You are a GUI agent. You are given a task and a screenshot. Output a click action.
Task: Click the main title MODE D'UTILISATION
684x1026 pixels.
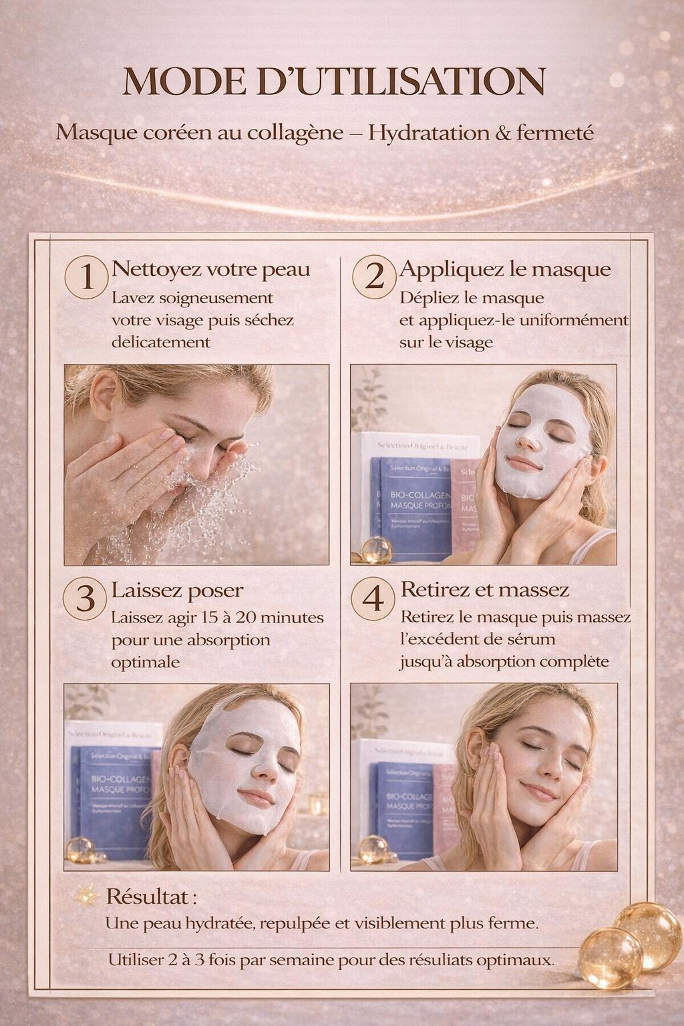334,81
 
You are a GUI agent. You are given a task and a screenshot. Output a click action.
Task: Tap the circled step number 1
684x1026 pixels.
86,277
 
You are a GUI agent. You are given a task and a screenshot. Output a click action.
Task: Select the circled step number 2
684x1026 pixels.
374,277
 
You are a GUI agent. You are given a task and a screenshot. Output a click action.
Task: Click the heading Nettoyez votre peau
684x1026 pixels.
210,269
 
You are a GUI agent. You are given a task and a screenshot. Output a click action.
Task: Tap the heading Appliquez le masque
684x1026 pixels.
505,269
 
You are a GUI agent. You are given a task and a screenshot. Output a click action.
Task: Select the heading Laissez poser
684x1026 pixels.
177,590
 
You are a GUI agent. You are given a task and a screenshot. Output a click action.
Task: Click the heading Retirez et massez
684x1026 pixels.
484,589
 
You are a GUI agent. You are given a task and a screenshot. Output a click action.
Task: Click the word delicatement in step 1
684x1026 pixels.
161,342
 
